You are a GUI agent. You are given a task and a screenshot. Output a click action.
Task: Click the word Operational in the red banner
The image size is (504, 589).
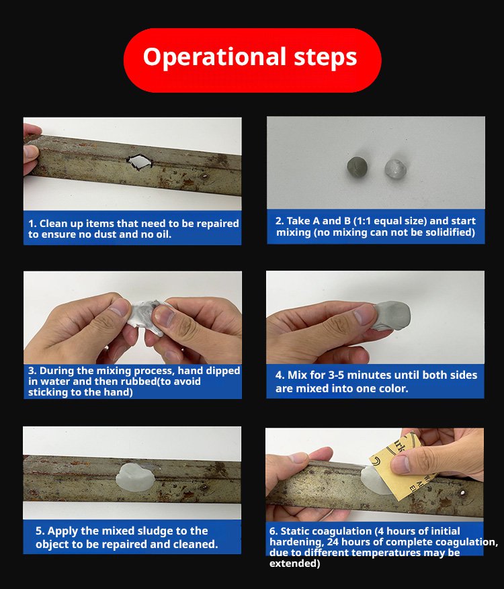[214, 58]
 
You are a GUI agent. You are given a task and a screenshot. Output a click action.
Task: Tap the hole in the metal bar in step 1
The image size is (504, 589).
[139, 162]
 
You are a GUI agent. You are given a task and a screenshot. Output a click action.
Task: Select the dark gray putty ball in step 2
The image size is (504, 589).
[357, 167]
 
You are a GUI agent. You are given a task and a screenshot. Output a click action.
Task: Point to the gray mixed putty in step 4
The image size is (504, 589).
[391, 316]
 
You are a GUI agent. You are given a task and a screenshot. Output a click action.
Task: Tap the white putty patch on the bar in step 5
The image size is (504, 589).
[131, 477]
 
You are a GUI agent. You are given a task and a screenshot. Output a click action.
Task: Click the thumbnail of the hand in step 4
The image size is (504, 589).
[364, 315]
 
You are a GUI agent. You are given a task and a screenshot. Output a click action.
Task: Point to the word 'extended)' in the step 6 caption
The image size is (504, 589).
[294, 563]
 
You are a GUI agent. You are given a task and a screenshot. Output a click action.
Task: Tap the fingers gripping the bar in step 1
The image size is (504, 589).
[32, 150]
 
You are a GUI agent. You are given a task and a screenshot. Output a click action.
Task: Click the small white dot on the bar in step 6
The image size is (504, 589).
[462, 493]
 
